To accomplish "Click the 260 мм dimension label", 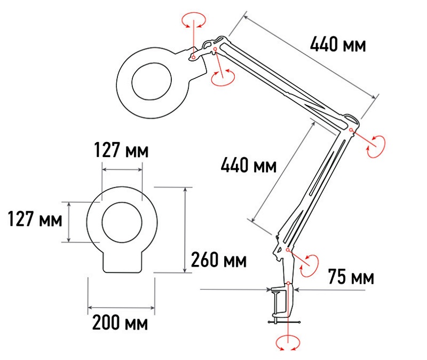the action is click(x=219, y=260).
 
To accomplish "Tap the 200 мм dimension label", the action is click(x=120, y=323).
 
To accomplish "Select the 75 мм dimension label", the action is click(x=351, y=277).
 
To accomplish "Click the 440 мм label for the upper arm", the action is click(x=338, y=44).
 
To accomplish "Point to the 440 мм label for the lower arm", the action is click(x=249, y=165).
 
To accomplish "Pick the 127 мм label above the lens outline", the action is click(x=122, y=150).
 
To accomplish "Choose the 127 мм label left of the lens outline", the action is click(x=35, y=219).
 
